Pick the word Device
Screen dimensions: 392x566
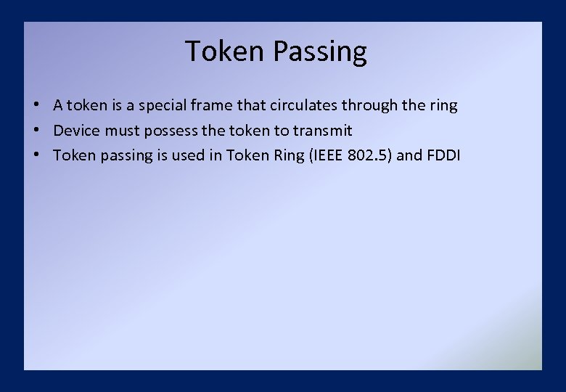(x=76, y=131)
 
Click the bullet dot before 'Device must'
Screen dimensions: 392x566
(x=36, y=131)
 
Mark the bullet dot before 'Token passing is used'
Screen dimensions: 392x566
(x=36, y=155)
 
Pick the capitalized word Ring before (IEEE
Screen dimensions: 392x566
(x=287, y=155)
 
